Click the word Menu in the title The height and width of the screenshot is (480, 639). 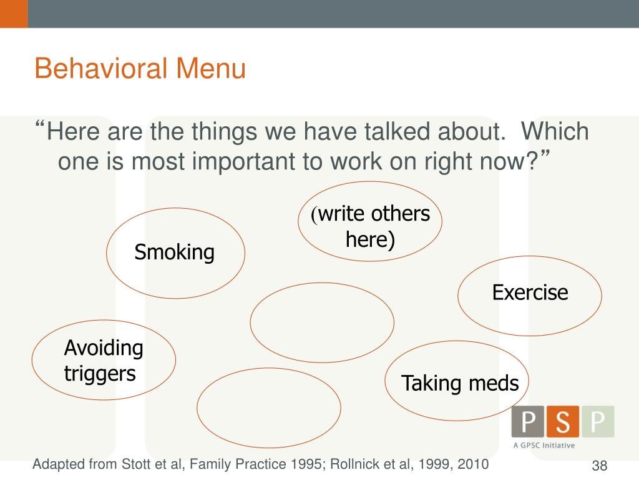tap(215, 69)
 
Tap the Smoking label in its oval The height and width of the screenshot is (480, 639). tap(175, 253)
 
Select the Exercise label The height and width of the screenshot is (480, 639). tap(530, 292)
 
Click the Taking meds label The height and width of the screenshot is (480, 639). tap(460, 383)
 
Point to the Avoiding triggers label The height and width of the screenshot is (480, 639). tap(104, 361)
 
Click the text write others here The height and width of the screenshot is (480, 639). tap(371, 226)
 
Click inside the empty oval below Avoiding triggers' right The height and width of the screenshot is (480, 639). tap(268, 407)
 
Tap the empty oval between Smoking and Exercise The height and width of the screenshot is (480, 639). tap(322, 322)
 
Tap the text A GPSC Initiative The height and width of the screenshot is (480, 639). tap(544, 446)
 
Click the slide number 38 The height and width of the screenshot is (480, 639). tap(599, 466)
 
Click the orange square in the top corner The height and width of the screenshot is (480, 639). tap(14, 14)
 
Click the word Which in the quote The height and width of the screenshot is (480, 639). tap(555, 132)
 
